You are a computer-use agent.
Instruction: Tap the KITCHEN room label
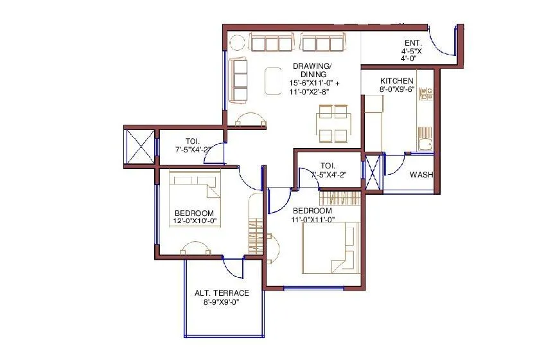pos(396,80)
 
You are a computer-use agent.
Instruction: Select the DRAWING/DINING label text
pos(312,70)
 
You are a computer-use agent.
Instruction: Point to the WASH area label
pos(421,174)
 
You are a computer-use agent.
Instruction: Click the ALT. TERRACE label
pos(222,293)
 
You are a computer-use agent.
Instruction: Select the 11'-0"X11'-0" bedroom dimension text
pos(312,219)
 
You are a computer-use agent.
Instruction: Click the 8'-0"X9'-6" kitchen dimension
pos(396,89)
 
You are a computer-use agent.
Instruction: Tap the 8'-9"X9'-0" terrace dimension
pos(222,301)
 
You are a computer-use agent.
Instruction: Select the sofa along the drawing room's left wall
pos(239,80)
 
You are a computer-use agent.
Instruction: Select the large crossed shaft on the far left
pos(139,147)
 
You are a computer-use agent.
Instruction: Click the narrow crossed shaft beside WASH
pos(372,172)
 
